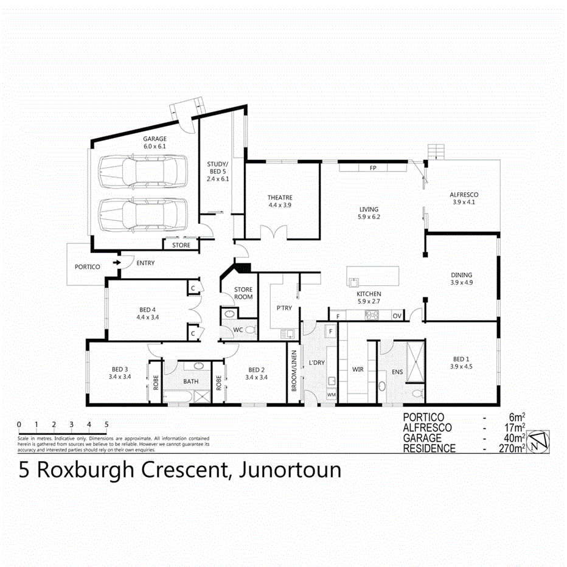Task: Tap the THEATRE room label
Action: (280, 198)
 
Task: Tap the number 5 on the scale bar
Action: (106, 424)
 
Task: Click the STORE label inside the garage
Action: (181, 245)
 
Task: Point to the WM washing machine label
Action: (331, 395)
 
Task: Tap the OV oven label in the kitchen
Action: (396, 316)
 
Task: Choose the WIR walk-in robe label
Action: (358, 369)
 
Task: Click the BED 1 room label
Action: (461, 358)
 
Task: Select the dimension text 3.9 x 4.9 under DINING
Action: (461, 282)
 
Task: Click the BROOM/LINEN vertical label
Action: (294, 370)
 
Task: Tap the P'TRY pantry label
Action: (284, 308)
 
